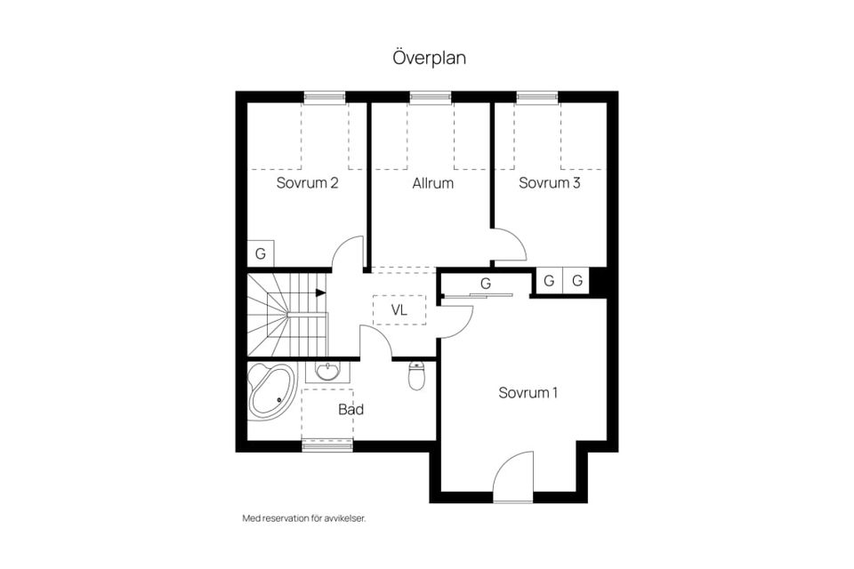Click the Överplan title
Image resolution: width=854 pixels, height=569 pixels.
(x=429, y=57)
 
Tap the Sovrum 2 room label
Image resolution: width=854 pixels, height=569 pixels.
(x=307, y=182)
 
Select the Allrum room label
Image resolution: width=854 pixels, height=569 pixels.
(x=433, y=183)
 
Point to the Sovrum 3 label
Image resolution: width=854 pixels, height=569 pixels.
(x=550, y=182)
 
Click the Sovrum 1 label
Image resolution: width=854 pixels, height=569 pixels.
(x=528, y=393)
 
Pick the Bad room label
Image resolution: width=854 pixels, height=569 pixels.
(x=350, y=410)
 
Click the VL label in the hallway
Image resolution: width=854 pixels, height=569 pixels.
(x=399, y=310)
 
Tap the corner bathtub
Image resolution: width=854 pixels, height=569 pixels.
(x=272, y=391)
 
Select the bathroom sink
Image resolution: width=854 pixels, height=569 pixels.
(x=328, y=372)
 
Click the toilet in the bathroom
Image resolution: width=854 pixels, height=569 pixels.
(x=416, y=376)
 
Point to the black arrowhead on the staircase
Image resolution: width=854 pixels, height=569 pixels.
(x=321, y=293)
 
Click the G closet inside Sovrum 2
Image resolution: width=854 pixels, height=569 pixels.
(x=261, y=253)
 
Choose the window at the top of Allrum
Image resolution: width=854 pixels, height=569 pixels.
(x=431, y=98)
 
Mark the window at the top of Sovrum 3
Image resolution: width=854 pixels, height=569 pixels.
(x=537, y=98)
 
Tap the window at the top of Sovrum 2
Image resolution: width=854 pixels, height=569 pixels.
(x=325, y=98)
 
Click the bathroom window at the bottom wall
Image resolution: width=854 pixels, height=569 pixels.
(x=327, y=446)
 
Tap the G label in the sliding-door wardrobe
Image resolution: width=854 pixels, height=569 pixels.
(x=486, y=284)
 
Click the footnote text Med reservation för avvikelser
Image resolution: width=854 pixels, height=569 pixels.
(x=304, y=518)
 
